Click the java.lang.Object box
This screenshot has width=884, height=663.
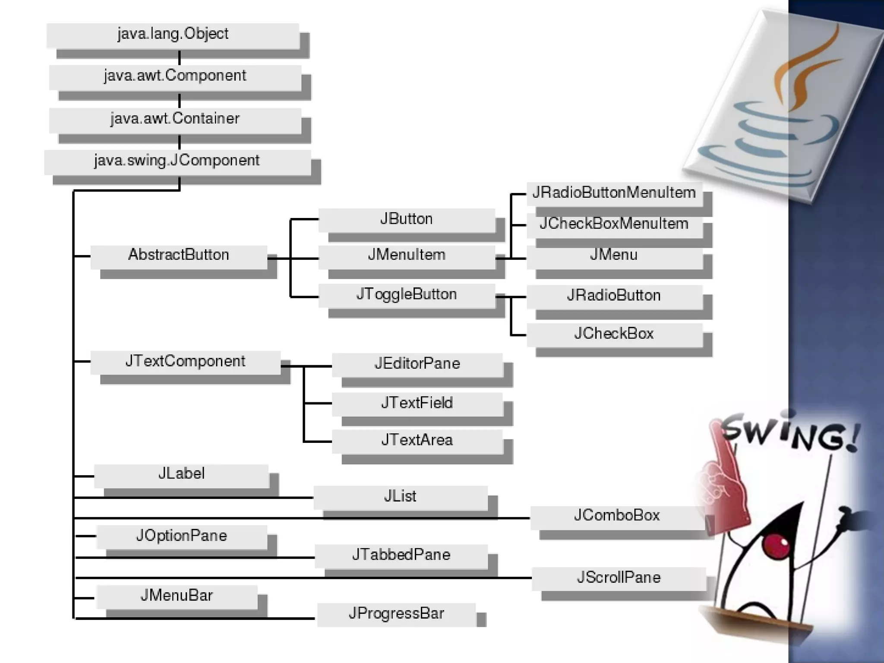pos(173,35)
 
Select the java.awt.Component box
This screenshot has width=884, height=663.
pos(175,76)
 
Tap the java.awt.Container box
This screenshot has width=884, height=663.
pos(175,119)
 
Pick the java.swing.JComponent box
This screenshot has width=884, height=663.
pos(177,161)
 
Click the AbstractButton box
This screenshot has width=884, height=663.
pos(178,256)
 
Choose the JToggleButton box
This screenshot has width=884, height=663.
pos(406,295)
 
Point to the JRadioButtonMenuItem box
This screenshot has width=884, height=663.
pos(613,193)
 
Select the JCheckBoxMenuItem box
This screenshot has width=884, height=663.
pos(613,224)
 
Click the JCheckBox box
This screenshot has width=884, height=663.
pos(613,334)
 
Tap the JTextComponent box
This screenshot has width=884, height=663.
pos(185,362)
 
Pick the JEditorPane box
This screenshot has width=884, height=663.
pos(417,364)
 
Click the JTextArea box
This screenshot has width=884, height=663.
pos(417,441)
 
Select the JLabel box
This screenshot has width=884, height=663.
pos(181,474)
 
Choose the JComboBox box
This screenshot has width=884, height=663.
pos(617,516)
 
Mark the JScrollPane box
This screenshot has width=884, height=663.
pos(619,578)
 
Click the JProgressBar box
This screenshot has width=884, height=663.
pos(396,614)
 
